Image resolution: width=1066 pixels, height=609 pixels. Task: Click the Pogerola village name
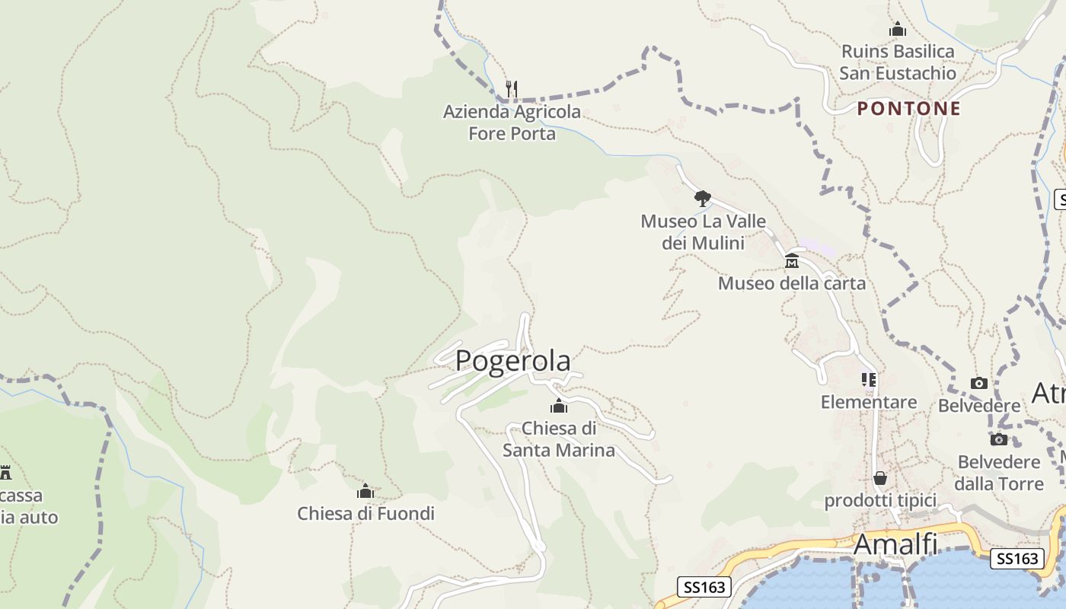coord(512,361)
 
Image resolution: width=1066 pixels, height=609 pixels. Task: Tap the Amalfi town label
coord(895,545)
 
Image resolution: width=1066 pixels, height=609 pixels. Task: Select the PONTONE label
coord(908,108)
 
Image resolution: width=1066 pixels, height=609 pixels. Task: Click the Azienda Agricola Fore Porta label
coord(512,123)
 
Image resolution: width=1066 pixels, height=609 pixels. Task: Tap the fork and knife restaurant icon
coord(512,89)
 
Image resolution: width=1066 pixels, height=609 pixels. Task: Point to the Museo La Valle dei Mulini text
coord(703,232)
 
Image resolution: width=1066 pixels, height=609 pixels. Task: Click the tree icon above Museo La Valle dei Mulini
coord(703,199)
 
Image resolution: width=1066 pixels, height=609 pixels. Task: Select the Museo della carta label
coord(792,283)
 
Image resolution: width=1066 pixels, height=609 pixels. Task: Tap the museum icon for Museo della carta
coord(792,260)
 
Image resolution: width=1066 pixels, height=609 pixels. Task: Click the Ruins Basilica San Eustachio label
coord(898,62)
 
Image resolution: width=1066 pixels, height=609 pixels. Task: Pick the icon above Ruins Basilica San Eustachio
coord(898,30)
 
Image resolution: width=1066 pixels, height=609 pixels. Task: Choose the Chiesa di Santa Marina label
coord(559,439)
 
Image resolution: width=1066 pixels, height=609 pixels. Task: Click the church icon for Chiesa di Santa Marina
coord(559,406)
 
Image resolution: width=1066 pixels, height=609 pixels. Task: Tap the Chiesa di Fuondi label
coord(365,514)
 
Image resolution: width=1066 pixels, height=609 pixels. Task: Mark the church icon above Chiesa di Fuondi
coord(365,491)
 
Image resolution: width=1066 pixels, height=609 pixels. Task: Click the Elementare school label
coord(869,402)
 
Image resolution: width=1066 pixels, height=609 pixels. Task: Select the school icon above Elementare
coord(869,379)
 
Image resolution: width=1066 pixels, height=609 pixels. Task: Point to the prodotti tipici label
coord(880,501)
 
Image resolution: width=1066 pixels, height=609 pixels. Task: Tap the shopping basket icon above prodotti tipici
coord(880,478)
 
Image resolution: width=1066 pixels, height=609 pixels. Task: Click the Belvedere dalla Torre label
coord(1000,473)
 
